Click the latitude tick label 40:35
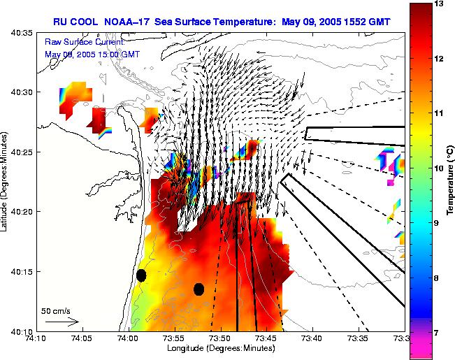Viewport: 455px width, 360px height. (22, 32)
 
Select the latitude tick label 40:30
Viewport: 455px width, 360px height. (22, 92)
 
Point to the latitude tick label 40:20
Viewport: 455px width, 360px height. (22, 212)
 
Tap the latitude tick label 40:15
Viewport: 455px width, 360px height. (22, 272)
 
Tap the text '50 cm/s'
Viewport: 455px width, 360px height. (55, 310)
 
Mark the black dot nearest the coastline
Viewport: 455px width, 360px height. (141, 275)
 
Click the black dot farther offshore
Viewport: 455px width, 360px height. (198, 289)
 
